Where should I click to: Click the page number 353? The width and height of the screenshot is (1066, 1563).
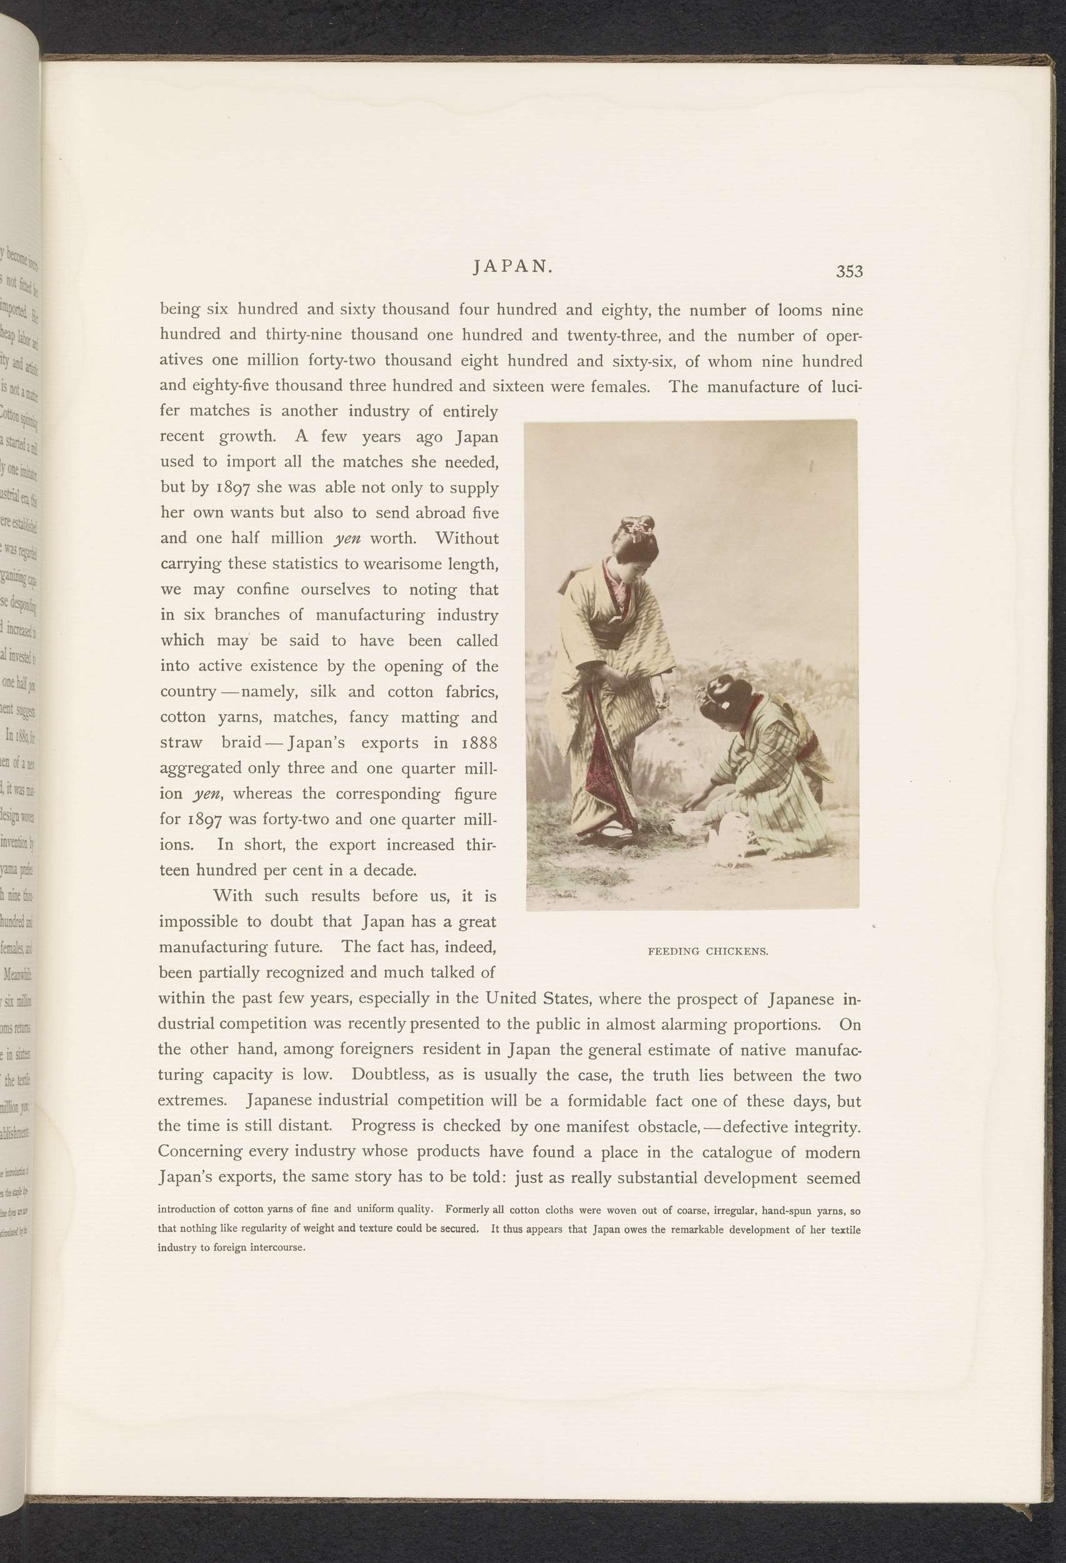[849, 271]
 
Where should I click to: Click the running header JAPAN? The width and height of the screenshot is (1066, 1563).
[513, 266]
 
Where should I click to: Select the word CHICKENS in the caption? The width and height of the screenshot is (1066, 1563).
[737, 951]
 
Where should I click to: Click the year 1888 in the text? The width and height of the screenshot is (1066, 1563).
[479, 743]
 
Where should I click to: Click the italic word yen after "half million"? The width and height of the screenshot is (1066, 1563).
[347, 539]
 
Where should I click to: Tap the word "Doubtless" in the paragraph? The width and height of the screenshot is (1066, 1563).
[391, 1074]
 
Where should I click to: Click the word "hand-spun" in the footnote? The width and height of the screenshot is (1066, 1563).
[787, 1210]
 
